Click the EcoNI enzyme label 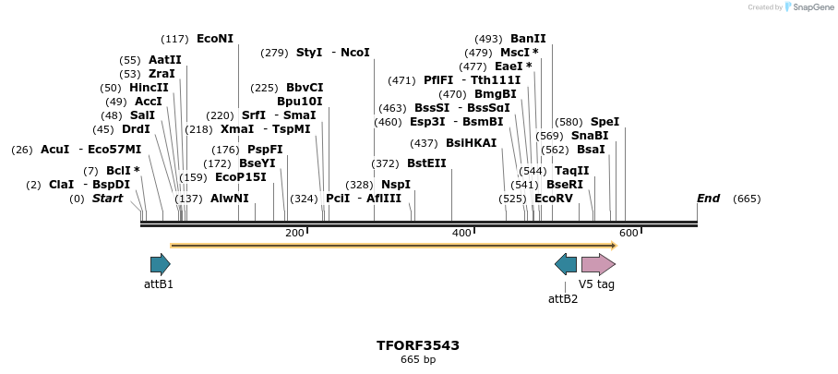point(215,39)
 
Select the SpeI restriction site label point(605,122)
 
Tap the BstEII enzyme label point(426,163)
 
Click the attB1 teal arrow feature point(160,265)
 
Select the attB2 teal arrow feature point(566,265)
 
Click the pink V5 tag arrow point(598,265)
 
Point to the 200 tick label point(294,234)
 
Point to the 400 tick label point(461,234)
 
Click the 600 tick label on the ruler point(628,234)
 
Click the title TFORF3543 point(418,345)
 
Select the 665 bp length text point(418,360)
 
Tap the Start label point(107,199)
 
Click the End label point(708,199)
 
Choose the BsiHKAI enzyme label point(471,143)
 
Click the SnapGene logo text point(809,7)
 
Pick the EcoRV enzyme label point(553,199)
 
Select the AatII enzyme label point(164,60)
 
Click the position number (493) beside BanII point(488,39)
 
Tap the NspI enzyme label point(395,185)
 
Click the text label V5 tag point(596,284)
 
